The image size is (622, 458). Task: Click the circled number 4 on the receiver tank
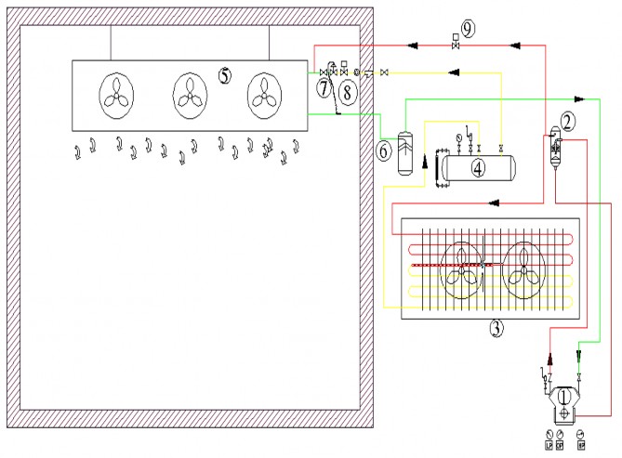pyautogui.click(x=478, y=168)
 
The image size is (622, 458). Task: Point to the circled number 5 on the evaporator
pyautogui.click(x=225, y=75)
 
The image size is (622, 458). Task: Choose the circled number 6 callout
pyautogui.click(x=385, y=149)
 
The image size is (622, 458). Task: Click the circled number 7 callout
pyautogui.click(x=323, y=88)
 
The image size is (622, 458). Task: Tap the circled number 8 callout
pyautogui.click(x=345, y=91)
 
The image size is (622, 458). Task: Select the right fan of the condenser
pyautogui.click(x=523, y=268)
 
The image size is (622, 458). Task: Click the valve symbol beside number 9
pyautogui.click(x=454, y=44)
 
